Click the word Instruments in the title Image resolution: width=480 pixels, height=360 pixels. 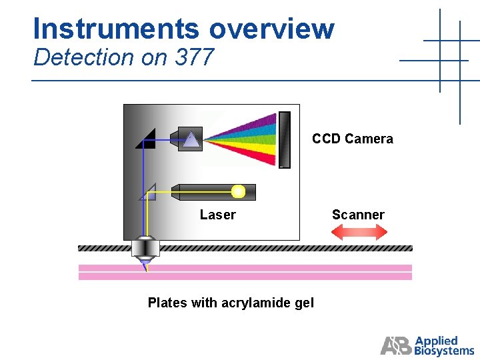117,29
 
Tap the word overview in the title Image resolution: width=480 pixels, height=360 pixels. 271,29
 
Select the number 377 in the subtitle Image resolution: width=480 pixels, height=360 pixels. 194,58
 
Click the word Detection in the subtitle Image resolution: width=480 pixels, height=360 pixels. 83,58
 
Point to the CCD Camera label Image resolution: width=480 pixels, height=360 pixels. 353,139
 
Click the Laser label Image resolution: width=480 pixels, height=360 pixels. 217,215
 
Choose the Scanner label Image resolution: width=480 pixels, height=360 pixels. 358,215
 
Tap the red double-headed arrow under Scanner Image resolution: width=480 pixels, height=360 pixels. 359,232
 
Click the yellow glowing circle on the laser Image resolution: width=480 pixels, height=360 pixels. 238,192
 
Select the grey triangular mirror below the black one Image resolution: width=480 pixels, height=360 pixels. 149,193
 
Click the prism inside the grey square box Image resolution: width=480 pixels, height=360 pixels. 191,139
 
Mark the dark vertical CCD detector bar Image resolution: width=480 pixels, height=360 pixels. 285,139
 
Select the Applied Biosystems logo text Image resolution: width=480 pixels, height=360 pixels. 444,345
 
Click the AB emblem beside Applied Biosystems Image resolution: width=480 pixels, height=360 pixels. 397,345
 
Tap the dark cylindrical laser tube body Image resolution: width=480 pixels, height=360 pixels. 203,192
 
